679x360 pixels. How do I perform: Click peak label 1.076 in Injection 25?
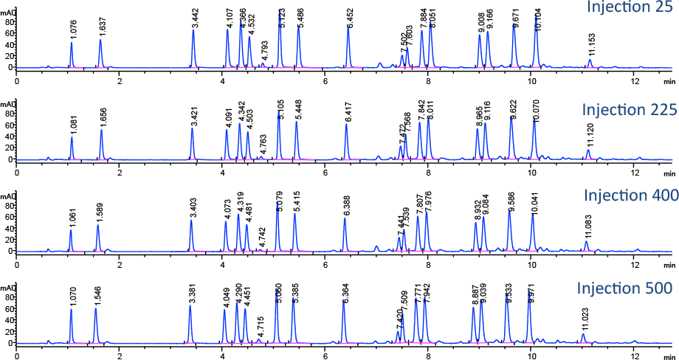tap(73, 30)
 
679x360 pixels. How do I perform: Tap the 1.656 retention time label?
tap(103, 118)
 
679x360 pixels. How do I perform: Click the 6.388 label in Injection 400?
tap(345, 206)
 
